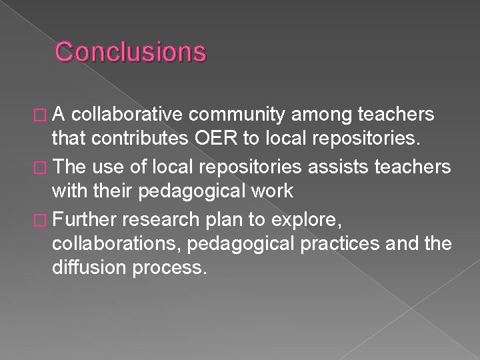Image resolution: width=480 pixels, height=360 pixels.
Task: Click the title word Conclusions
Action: pyautogui.click(x=131, y=51)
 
